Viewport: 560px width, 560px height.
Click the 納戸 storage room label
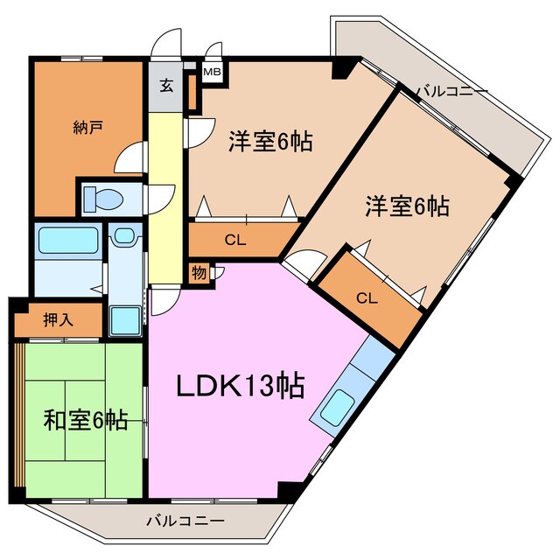87,129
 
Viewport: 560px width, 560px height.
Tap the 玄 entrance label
165,86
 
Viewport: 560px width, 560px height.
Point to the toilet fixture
105,199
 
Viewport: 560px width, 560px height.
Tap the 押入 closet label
58,320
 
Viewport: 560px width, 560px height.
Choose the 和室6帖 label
85,420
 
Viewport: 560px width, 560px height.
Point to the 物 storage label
199,272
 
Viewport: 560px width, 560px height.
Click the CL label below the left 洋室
234,239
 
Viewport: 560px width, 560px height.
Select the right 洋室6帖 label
407,206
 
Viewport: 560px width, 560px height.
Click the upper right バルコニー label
451,90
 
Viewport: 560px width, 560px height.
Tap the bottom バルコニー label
185,521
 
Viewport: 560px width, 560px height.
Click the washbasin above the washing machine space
124,235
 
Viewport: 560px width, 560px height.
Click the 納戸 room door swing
129,157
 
